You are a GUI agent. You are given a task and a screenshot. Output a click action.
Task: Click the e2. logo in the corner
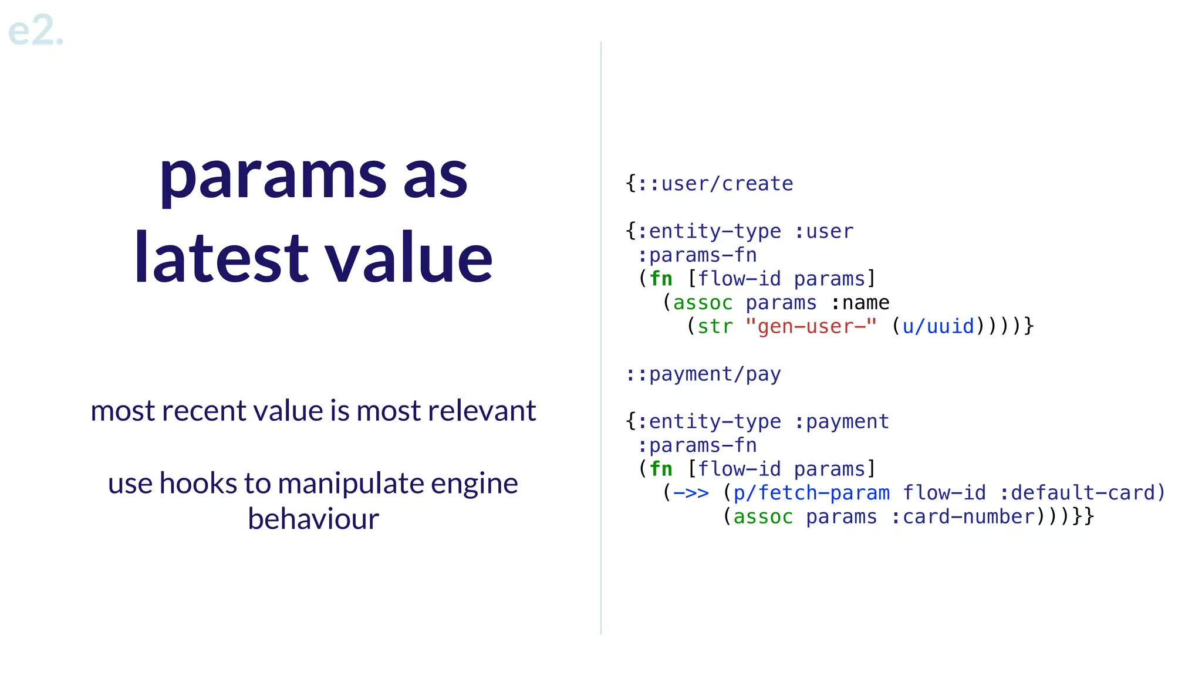(35, 31)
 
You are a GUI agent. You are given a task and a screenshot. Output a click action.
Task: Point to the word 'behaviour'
(313, 519)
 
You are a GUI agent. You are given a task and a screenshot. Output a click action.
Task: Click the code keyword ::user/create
(715, 184)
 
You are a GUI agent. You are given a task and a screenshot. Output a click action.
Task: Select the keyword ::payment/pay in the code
(703, 374)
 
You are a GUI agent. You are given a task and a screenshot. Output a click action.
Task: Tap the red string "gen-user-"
(811, 326)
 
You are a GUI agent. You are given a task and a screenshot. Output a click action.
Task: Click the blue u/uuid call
(938, 326)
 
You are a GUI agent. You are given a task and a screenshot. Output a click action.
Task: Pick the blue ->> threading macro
(691, 493)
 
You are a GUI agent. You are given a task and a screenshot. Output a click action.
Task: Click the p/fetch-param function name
(811, 493)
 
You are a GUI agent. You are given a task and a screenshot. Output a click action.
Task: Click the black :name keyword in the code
(860, 303)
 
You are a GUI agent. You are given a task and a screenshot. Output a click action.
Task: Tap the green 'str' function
(715, 326)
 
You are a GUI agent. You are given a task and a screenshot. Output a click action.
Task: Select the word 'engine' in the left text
(474, 484)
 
